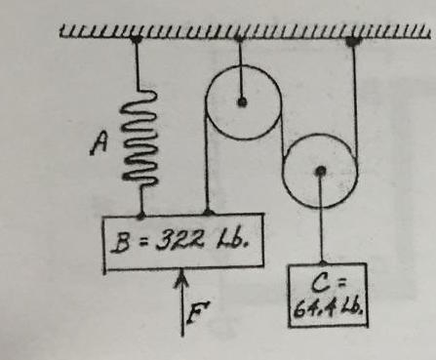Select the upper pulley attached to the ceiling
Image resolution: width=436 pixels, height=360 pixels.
(x=242, y=100)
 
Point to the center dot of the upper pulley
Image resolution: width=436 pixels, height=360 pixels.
(x=242, y=101)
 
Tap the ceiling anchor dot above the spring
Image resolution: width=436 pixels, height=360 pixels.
(x=138, y=39)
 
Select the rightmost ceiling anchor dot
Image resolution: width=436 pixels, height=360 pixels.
(x=354, y=40)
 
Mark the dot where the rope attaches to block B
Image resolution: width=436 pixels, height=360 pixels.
(x=206, y=214)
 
